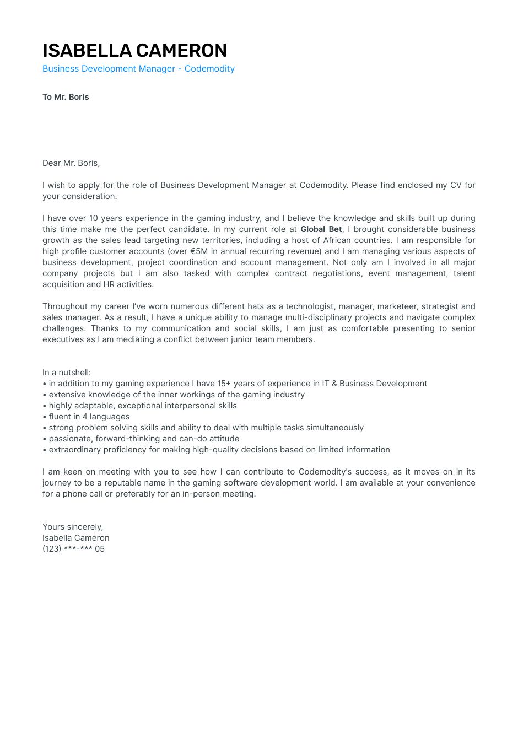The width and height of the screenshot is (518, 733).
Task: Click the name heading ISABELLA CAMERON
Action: tap(134, 51)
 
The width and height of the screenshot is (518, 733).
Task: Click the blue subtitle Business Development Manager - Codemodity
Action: tap(138, 69)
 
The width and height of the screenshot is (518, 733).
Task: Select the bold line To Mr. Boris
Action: tap(66, 97)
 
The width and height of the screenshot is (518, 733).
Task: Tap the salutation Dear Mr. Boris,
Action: tap(71, 163)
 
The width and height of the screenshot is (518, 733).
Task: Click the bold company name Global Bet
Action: tap(321, 229)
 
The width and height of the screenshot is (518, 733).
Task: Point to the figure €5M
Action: tap(199, 251)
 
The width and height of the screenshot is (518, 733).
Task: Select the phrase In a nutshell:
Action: tap(67, 373)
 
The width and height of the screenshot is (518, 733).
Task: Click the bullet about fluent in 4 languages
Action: tap(89, 417)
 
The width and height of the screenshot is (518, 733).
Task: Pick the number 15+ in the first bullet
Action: tap(224, 384)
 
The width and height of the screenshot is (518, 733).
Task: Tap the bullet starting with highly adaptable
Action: tap(142, 406)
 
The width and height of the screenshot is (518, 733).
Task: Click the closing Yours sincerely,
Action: tap(73, 527)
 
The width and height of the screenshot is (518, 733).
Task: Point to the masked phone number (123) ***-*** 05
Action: tap(73, 549)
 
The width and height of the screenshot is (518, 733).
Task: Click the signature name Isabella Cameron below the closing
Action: tap(76, 538)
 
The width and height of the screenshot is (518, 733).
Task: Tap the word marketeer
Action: tap(397, 306)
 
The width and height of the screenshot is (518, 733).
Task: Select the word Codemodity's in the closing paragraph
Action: tap(325, 472)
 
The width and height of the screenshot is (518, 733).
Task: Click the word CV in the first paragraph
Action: tap(456, 185)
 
